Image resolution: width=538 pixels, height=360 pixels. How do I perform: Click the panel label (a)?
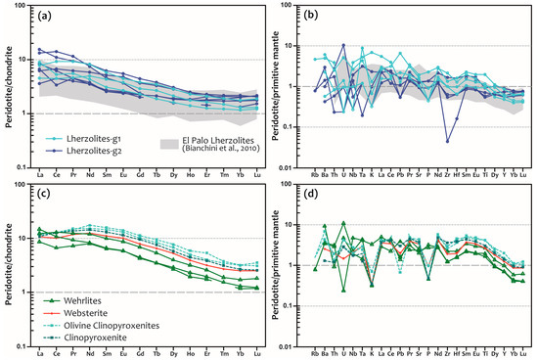click(47, 16)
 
